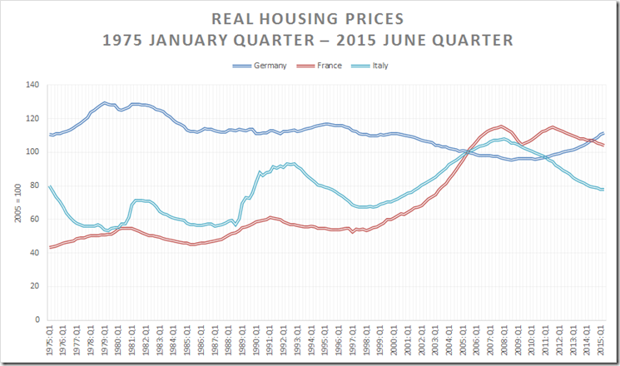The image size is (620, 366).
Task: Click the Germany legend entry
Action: tap(271, 66)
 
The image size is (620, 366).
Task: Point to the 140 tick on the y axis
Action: tap(32, 85)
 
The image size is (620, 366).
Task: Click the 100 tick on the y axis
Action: tap(32, 152)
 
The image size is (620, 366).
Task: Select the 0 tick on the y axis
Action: tap(37, 319)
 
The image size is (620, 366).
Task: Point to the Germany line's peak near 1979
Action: tap(105, 102)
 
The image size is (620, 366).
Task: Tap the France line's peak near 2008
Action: tap(501, 126)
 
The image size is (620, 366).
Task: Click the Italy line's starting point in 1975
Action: tap(50, 185)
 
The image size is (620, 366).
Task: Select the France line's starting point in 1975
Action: tap(50, 247)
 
